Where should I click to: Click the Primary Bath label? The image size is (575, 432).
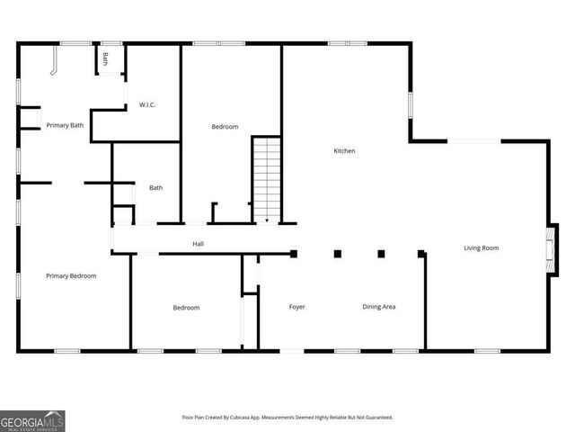(x=65, y=125)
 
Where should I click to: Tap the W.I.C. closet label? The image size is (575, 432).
(x=147, y=105)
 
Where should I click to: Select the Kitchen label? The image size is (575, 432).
(x=344, y=151)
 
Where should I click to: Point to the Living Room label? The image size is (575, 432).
(x=481, y=247)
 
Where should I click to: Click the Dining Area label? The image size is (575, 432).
(x=379, y=307)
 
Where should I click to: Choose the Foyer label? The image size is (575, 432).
(x=296, y=307)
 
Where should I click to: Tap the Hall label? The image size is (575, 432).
(x=198, y=244)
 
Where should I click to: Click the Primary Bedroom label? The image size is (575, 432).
(x=71, y=275)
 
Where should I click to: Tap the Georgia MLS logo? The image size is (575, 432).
(x=32, y=420)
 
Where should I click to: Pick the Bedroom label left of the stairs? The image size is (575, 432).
(x=225, y=127)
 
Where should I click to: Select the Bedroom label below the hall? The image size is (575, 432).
(x=186, y=308)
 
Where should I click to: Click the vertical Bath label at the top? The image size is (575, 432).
(x=105, y=59)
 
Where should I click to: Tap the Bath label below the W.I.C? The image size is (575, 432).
(x=155, y=188)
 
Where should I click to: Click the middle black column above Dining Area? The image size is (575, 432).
(x=337, y=254)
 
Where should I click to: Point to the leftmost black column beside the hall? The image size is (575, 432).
(x=294, y=254)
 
